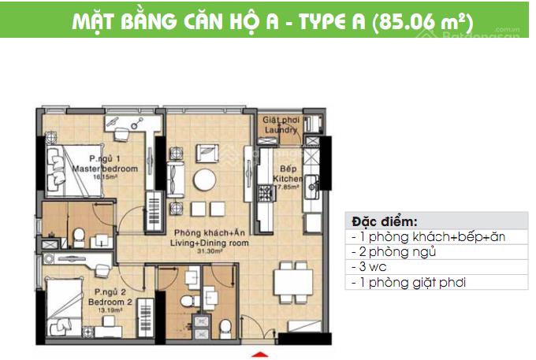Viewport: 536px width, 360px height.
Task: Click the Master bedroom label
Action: [104, 169]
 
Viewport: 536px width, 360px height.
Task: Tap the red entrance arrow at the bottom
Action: [261, 352]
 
